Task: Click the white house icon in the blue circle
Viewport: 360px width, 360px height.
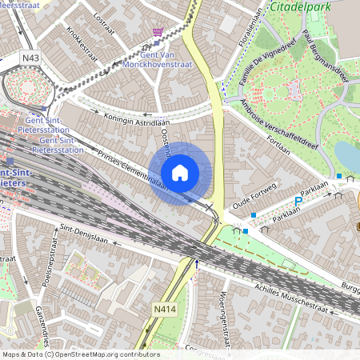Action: tap(180, 172)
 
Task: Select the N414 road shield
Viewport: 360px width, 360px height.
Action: tap(165, 309)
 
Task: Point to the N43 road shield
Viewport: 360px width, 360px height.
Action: tap(31, 58)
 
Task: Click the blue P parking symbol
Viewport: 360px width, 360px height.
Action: tap(299, 201)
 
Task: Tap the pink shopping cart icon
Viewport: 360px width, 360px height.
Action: tap(158, 33)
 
